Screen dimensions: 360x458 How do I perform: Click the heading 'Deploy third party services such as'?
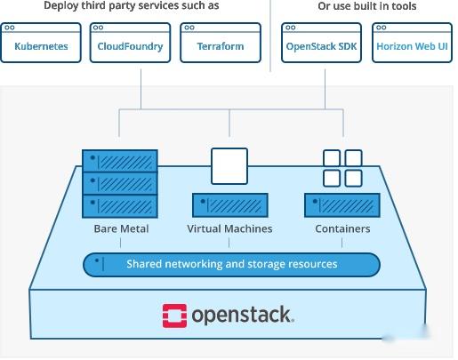coord(125,7)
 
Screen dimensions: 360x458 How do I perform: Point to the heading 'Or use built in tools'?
coord(366,7)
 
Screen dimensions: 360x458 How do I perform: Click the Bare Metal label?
coord(121,229)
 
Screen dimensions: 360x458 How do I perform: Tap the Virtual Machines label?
coord(229,229)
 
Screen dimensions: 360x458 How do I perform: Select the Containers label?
coord(342,229)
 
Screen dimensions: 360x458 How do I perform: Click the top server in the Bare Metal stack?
coord(120,162)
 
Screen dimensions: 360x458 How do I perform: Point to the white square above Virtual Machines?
coord(229,165)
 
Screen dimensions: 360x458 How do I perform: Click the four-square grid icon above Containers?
coord(342,168)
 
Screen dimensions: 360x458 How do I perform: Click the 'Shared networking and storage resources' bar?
coord(231,265)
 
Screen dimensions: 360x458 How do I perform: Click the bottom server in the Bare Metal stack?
coord(120,207)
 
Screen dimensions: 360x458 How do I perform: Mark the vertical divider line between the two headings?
coord(270,36)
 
